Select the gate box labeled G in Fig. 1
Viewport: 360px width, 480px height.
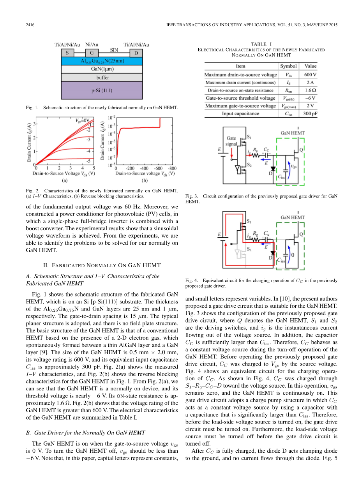[92, 53]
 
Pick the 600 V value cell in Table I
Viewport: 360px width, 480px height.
[310, 74]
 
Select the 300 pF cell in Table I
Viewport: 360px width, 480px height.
[310, 113]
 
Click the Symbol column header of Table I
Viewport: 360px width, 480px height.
[288, 66]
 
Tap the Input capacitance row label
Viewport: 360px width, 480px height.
[240, 113]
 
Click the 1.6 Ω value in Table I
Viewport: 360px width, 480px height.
[310, 90]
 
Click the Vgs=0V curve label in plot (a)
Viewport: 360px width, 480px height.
[83, 120]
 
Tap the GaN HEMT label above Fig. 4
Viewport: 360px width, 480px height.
[293, 217]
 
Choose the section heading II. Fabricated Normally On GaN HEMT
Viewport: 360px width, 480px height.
[102, 265]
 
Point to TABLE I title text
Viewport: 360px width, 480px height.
[261, 44]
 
